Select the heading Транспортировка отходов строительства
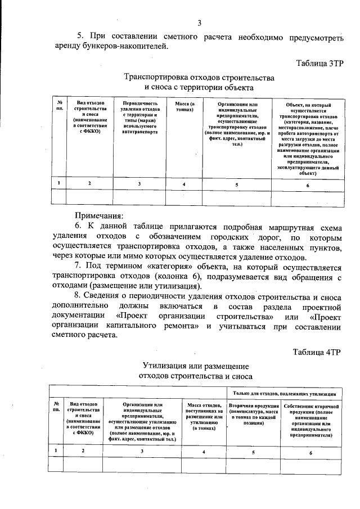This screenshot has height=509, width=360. tap(199, 76)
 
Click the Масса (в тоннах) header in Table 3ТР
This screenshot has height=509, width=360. tap(184, 107)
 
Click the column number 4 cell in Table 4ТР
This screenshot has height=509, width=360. tap(203, 451)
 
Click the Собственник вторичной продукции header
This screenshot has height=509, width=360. tap(310, 420)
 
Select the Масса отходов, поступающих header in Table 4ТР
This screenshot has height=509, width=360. tap(203, 416)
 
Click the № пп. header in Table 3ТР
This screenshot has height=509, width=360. tap(58, 105)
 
